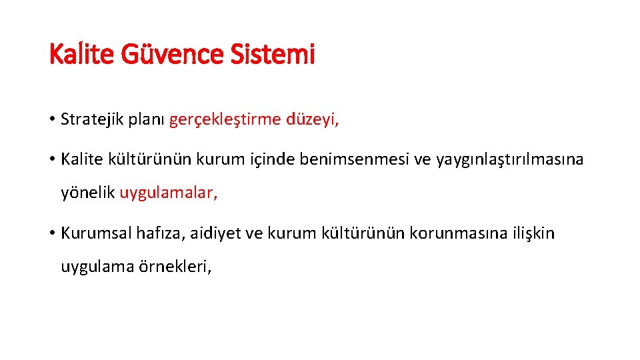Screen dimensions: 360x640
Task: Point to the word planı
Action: (146, 120)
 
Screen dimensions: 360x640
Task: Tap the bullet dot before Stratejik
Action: (52, 121)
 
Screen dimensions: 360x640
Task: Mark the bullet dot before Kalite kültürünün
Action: (52, 160)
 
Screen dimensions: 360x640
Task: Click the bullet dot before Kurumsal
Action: (52, 234)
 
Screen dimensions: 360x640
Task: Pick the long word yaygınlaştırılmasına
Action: (509, 159)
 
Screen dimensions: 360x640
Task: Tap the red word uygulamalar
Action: (168, 194)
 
